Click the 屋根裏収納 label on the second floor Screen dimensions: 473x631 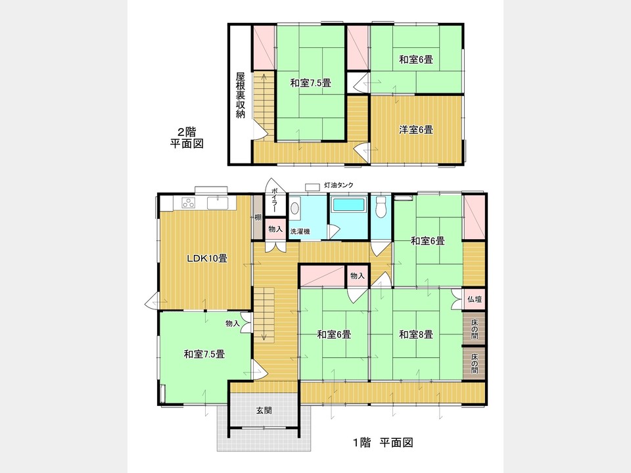pyautogui.click(x=241, y=95)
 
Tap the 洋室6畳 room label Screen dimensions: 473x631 pyautogui.click(x=415, y=129)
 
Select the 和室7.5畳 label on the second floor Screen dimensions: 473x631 pyautogui.click(x=310, y=83)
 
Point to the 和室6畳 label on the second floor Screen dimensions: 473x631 pyautogui.click(x=415, y=60)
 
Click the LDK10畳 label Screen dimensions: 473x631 pyautogui.click(x=207, y=258)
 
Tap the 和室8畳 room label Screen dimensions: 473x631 pyautogui.click(x=415, y=334)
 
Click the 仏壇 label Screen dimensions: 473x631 pyautogui.click(x=474, y=300)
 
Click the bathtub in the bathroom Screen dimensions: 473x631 pyautogui.click(x=349, y=205)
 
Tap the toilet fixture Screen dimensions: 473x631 pyautogui.click(x=380, y=208)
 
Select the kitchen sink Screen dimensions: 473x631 pyautogui.click(x=217, y=202)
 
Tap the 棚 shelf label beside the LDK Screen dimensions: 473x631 pyautogui.click(x=258, y=217)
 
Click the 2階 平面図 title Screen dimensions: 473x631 pyautogui.click(x=185, y=137)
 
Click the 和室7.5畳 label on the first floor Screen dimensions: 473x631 pyautogui.click(x=204, y=354)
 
